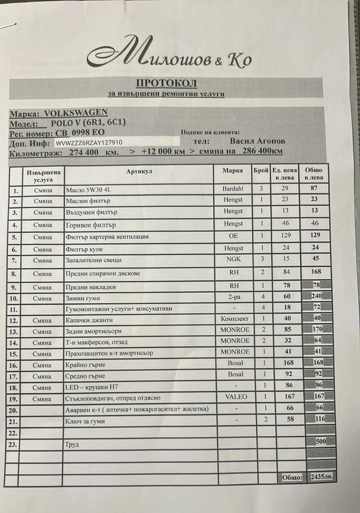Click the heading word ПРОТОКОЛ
click(x=167, y=83)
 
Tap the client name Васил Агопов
click(x=257, y=141)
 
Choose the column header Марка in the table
click(x=233, y=171)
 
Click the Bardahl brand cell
click(x=233, y=189)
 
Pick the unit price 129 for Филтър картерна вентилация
click(x=285, y=235)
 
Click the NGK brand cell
click(x=233, y=259)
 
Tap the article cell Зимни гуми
click(x=83, y=298)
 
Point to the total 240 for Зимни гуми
click(x=316, y=296)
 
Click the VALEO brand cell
click(x=236, y=397)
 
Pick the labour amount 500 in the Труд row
click(x=321, y=442)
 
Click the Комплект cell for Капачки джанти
click(x=234, y=319)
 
